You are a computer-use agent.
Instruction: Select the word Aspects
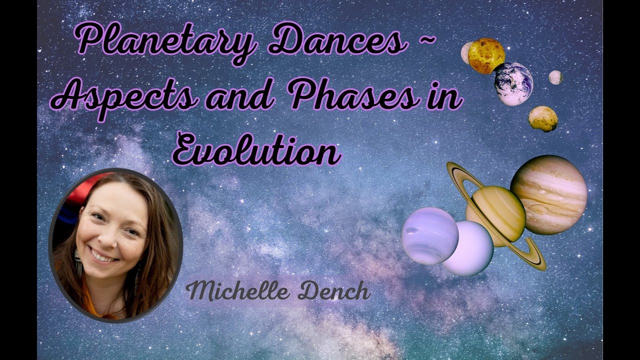tap(127, 97)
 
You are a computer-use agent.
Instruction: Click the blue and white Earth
tap(513, 83)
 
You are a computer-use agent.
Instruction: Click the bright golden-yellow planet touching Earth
tap(486, 55)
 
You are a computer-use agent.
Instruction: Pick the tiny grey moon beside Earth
tap(555, 77)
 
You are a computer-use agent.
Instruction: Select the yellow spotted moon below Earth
tap(543, 118)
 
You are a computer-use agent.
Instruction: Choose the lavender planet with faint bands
tap(429, 235)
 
